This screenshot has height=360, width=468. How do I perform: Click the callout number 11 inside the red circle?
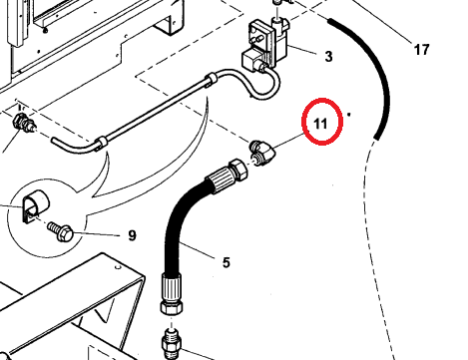[320, 124]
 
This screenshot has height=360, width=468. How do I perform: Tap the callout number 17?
[421, 50]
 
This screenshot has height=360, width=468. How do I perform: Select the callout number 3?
[328, 57]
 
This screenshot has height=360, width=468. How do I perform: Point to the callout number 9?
[132, 235]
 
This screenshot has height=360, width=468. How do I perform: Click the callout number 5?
[227, 262]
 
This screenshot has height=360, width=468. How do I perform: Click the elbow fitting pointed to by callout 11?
[262, 154]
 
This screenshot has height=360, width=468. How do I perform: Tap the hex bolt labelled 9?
[62, 231]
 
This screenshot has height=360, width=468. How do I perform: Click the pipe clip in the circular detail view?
[36, 205]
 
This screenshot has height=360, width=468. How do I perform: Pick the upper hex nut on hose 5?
[238, 170]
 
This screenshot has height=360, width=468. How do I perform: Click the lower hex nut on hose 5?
[171, 306]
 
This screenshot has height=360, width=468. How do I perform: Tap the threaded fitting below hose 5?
[172, 342]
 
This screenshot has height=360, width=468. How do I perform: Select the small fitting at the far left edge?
[23, 122]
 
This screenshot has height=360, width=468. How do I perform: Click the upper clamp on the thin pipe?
[212, 81]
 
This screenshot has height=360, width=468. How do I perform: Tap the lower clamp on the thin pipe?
[102, 144]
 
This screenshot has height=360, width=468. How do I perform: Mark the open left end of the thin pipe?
[53, 141]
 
